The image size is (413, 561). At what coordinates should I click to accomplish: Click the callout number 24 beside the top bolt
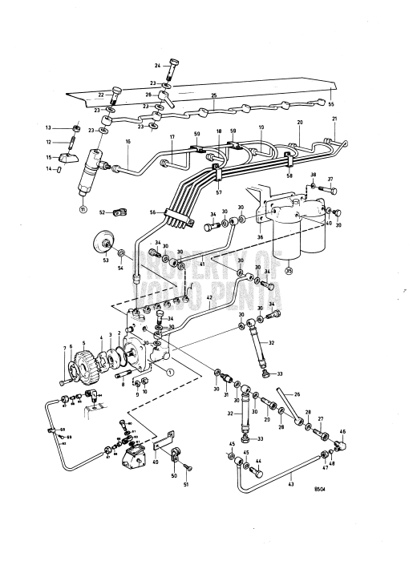click(158, 64)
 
